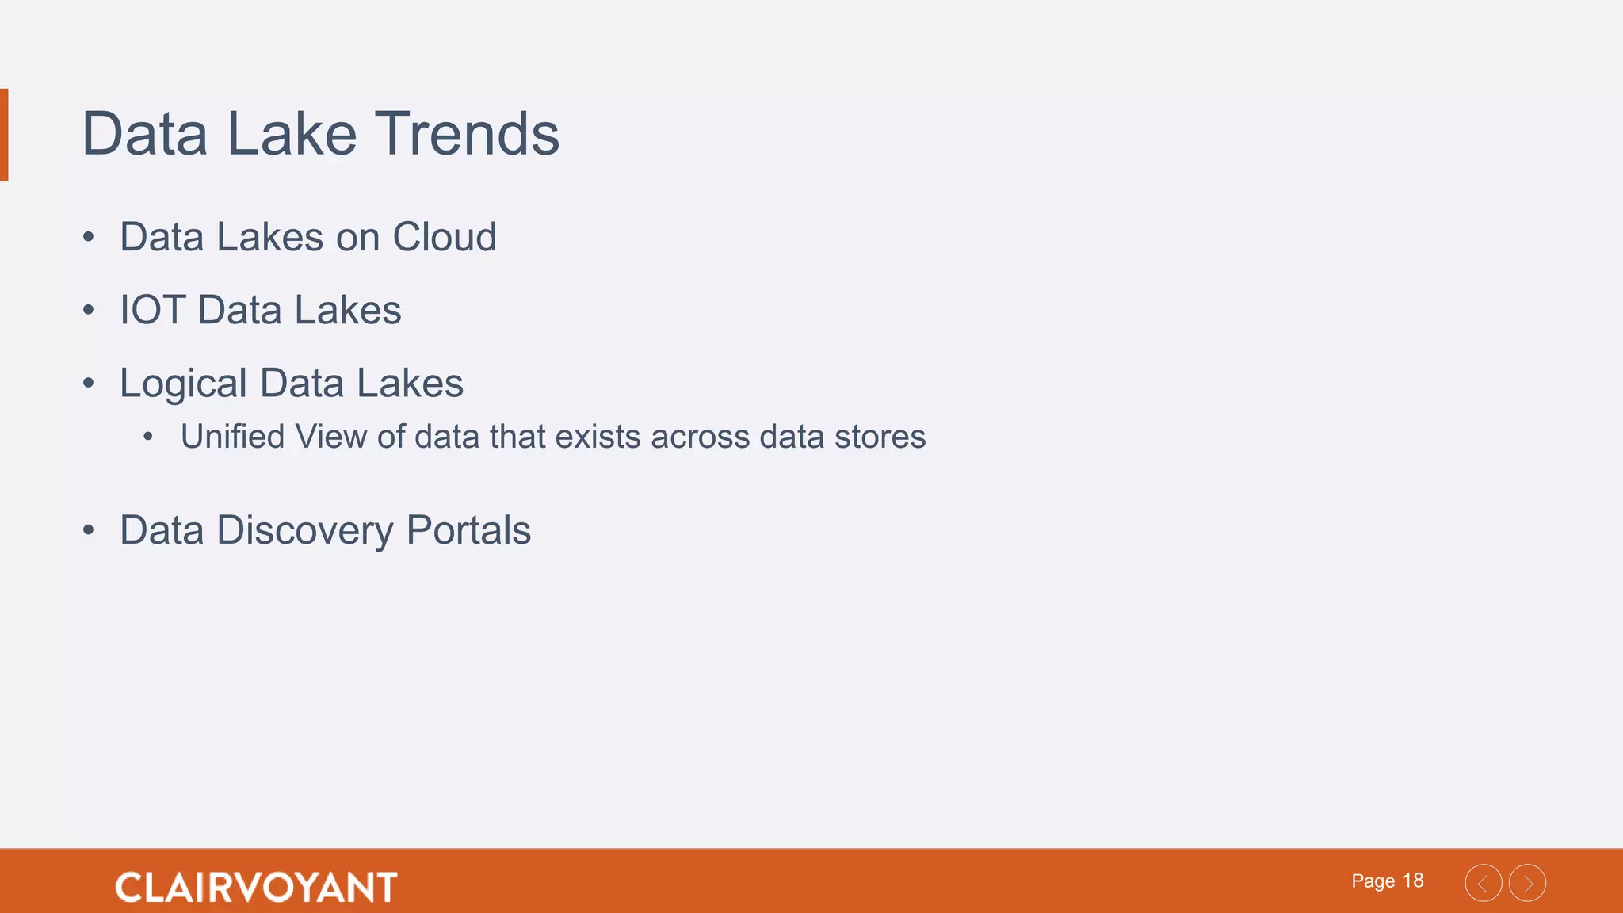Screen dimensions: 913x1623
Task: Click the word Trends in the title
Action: (x=467, y=134)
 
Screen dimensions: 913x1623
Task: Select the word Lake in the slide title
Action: (x=292, y=134)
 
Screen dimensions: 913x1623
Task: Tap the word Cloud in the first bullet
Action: (x=445, y=237)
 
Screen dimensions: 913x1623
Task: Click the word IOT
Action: (x=151, y=310)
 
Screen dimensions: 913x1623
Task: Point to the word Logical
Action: (x=183, y=384)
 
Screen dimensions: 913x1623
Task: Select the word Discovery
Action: (x=304, y=531)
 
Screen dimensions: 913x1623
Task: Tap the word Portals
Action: (x=468, y=530)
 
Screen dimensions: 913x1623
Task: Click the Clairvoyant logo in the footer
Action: (x=256, y=887)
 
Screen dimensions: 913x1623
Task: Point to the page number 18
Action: (x=1413, y=881)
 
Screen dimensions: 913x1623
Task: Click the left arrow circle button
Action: (x=1483, y=883)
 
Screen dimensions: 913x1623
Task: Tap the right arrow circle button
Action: (x=1527, y=883)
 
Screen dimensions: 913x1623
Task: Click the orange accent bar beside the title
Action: (x=4, y=135)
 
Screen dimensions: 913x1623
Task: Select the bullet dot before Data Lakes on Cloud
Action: (x=89, y=237)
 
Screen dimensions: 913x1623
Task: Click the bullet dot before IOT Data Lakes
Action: (x=89, y=310)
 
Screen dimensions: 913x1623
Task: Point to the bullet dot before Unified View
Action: (x=148, y=437)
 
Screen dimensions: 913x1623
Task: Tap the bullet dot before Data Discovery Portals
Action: (x=89, y=530)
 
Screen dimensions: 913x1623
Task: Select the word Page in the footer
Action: (x=1373, y=881)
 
